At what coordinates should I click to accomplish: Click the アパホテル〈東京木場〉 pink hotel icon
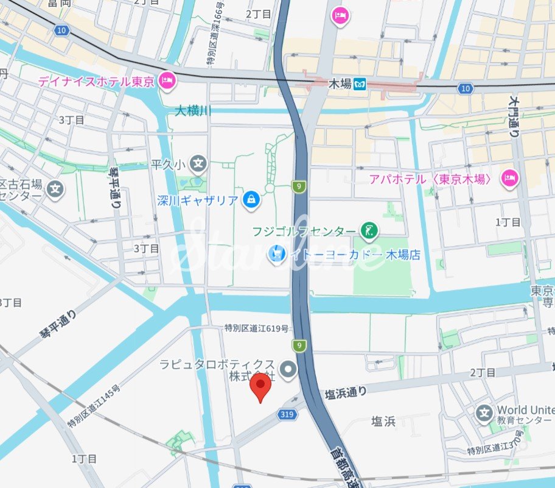pyautogui.click(x=509, y=179)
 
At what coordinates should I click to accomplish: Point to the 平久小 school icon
pyautogui.click(x=198, y=163)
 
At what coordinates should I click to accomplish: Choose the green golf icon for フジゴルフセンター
pyautogui.click(x=368, y=230)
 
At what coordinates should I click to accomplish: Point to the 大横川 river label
pyautogui.click(x=192, y=111)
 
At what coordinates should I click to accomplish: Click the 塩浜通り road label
pyautogui.click(x=345, y=394)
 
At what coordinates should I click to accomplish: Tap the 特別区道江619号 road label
pyautogui.click(x=256, y=329)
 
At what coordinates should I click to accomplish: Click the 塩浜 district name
pyautogui.click(x=383, y=421)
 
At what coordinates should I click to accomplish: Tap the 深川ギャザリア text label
pyautogui.click(x=197, y=200)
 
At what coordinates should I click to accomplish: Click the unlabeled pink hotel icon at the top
pyautogui.click(x=340, y=15)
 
